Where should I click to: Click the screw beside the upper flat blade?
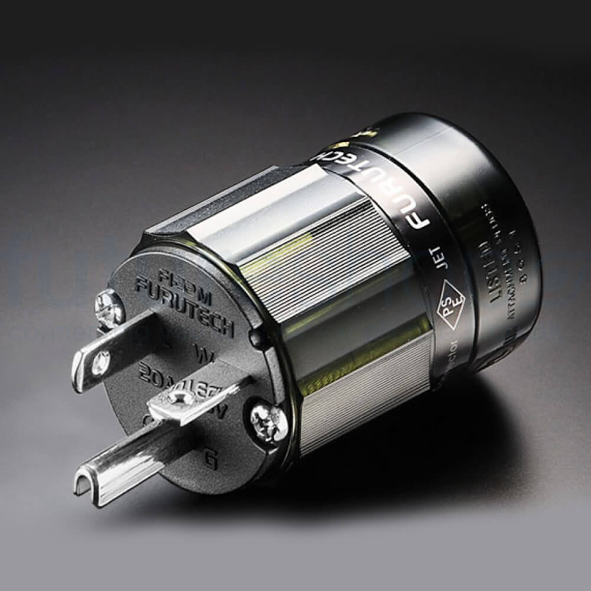tap(109, 307)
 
